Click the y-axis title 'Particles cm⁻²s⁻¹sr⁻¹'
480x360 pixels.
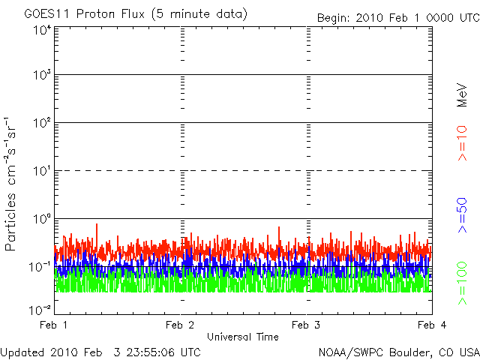point(10,184)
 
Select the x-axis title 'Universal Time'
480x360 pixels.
point(243,337)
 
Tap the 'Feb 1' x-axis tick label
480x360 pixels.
point(53,325)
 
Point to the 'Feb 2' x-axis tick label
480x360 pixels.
point(180,325)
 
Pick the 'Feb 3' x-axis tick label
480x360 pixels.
point(306,325)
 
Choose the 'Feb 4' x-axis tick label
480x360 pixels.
point(432,325)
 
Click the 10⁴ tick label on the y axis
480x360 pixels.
point(42,30)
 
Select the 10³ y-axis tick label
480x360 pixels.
point(42,74)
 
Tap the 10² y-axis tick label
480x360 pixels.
point(42,123)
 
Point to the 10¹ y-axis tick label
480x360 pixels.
point(42,171)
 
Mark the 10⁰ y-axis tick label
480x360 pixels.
point(42,219)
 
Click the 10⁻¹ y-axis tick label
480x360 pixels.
point(40,267)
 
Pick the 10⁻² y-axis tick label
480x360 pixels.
point(40,310)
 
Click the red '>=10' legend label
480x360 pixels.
point(462,143)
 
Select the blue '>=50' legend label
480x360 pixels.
point(462,215)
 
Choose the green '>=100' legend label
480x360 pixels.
point(462,283)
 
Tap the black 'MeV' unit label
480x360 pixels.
point(462,95)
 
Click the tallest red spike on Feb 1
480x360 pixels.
point(97,224)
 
